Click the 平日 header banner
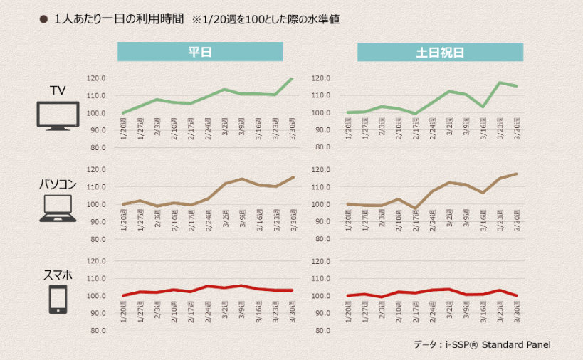pyautogui.click(x=200, y=52)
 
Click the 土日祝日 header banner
pyautogui.click(x=440, y=52)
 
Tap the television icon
pyautogui.click(x=58, y=115)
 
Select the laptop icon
pyautogui.click(x=58, y=208)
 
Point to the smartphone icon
pyautogui.click(x=58, y=299)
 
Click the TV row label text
pyautogui.click(x=58, y=90)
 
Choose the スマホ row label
pyautogui.click(x=58, y=274)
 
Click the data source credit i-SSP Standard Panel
pyautogui.click(x=482, y=344)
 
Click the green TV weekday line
pyautogui.click(x=208, y=96)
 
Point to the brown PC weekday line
pyautogui.click(x=208, y=199)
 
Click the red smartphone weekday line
pyautogui.click(x=208, y=287)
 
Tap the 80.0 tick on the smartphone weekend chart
pyautogui.click(x=322, y=331)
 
